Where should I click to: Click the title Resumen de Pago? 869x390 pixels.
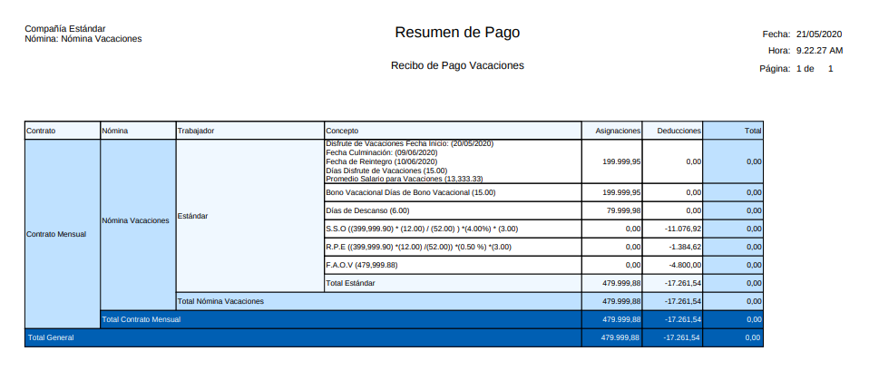(x=457, y=33)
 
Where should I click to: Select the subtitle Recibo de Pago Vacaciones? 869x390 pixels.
(x=457, y=65)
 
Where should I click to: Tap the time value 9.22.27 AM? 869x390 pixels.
(x=819, y=51)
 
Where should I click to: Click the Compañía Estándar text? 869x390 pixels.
(x=65, y=29)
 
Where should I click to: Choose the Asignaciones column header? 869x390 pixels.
(x=618, y=131)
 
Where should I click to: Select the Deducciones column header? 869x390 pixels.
(x=679, y=131)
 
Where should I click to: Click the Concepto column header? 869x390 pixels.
(x=343, y=131)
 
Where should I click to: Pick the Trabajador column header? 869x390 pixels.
(x=196, y=131)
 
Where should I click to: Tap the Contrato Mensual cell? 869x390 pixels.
(x=56, y=234)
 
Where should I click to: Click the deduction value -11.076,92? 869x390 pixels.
(x=683, y=229)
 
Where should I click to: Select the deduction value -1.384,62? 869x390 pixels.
(x=685, y=247)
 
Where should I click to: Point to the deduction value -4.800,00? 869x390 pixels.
(x=685, y=265)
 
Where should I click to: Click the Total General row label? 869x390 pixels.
(x=51, y=337)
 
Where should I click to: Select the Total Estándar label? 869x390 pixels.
(x=350, y=283)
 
